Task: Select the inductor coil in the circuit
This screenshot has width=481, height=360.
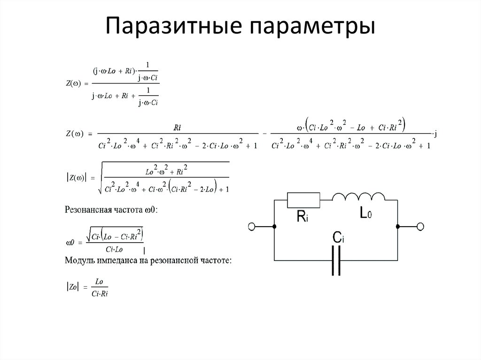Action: point(358,197)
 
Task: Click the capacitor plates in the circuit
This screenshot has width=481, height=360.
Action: point(336,260)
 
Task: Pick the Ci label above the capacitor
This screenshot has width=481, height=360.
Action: point(338,238)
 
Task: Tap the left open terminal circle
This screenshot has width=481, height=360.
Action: point(252,227)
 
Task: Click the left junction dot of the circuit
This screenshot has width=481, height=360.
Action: point(274,227)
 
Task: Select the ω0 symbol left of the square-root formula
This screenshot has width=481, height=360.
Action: point(70,242)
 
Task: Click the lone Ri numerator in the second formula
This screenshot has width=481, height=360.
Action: point(177,127)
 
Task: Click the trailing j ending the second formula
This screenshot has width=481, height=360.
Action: point(436,135)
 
